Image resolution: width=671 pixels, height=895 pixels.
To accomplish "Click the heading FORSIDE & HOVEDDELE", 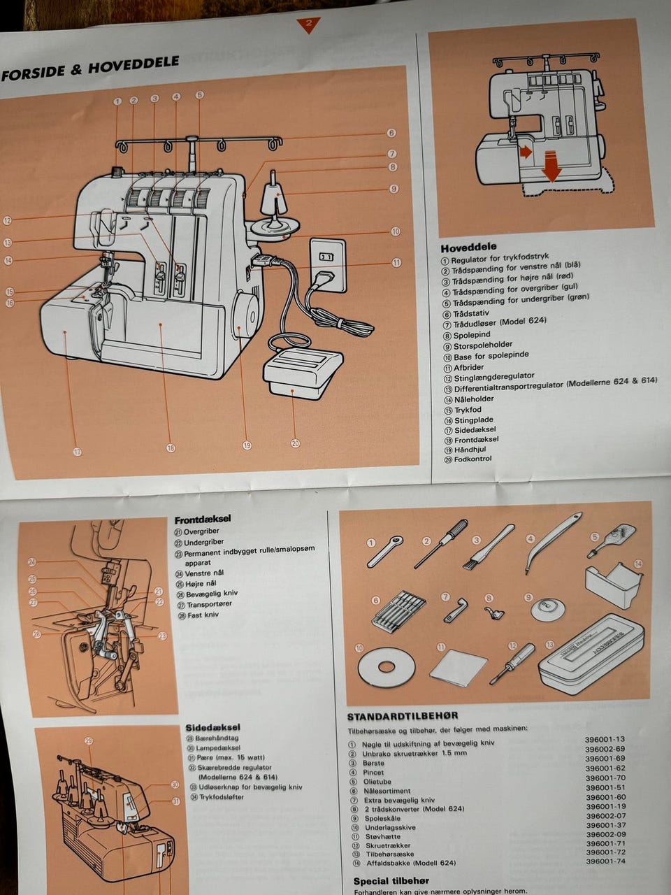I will pyautogui.click(x=90, y=68).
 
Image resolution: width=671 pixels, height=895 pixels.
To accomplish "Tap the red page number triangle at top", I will pyautogui.click(x=308, y=25).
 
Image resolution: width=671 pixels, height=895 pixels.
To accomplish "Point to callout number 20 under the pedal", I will pyautogui.click(x=295, y=443).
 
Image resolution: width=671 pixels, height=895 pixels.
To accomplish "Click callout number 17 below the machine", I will pyautogui.click(x=78, y=452).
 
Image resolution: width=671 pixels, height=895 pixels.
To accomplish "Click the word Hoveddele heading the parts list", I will pyautogui.click(x=468, y=247).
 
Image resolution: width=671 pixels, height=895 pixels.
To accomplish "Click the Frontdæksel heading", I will pyautogui.click(x=203, y=519).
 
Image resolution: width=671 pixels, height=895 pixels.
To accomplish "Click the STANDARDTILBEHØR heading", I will pyautogui.click(x=403, y=715).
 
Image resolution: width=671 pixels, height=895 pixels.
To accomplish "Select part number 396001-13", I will pyautogui.click(x=605, y=739).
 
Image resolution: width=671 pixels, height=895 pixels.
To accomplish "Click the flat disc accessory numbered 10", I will pyautogui.click(x=382, y=666).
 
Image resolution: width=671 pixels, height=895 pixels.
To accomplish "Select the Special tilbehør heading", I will pyautogui.click(x=391, y=880).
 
